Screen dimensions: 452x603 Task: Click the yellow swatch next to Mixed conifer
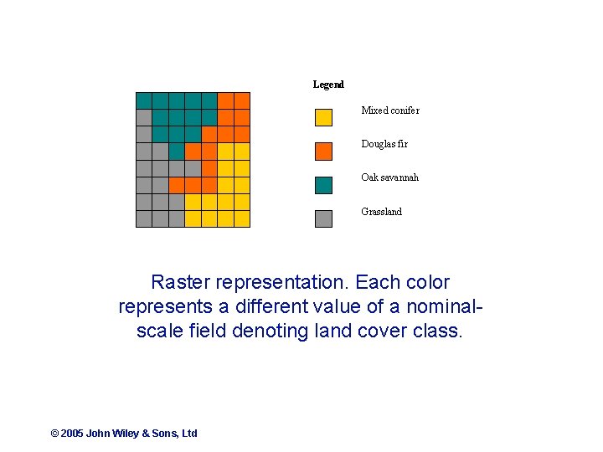[323, 117]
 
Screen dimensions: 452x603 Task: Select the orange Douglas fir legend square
[323, 151]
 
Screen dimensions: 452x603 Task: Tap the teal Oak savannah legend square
[323, 184]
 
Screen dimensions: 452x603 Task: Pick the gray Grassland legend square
[323, 218]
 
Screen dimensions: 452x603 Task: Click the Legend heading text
[328, 85]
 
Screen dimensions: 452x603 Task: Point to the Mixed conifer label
[390, 110]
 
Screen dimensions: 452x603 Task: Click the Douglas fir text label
[384, 144]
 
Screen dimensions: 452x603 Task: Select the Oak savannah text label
[389, 177]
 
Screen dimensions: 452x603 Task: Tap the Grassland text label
[381, 212]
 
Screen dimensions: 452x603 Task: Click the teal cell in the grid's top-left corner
[144, 100]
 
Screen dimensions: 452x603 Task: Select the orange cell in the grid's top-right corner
[242, 100]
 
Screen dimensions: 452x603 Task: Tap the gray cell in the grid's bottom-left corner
[144, 218]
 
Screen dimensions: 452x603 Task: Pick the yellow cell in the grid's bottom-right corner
[242, 218]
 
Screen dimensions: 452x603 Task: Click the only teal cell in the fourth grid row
[177, 152]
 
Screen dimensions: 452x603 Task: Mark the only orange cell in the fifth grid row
[209, 168]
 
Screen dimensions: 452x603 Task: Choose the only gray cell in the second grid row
[144, 117]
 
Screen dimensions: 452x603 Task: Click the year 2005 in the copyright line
[72, 434]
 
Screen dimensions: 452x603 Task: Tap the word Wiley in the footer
[126, 434]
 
